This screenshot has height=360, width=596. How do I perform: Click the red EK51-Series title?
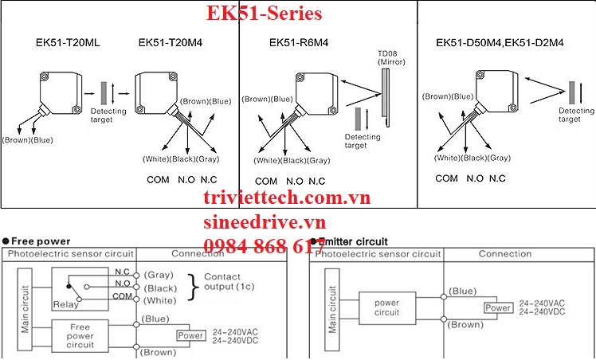264,14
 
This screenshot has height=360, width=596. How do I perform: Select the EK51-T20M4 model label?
171,42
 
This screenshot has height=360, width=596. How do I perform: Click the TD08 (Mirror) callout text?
390,58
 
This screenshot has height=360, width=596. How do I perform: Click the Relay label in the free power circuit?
64,303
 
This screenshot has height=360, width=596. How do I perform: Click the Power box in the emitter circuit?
498,308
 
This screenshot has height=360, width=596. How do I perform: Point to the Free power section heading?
41,241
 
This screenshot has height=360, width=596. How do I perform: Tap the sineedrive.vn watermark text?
265,222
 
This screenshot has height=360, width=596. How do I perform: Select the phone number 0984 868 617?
264,246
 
